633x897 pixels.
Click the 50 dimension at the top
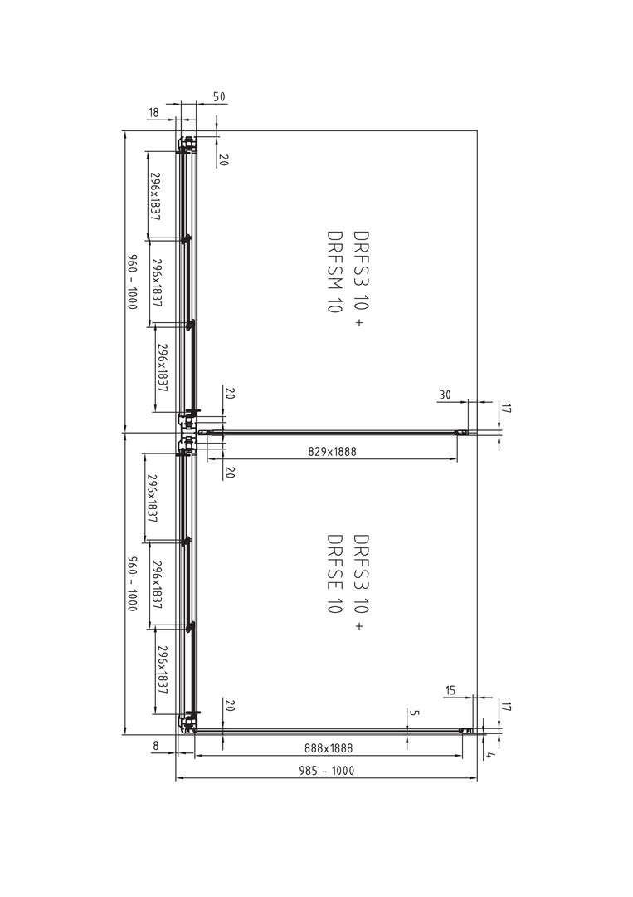click(219, 96)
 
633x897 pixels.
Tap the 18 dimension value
click(153, 113)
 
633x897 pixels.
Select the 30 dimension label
click(445, 395)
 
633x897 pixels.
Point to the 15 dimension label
click(450, 690)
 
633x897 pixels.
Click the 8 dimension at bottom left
click(155, 746)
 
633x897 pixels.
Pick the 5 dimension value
click(415, 713)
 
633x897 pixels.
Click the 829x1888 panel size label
click(332, 451)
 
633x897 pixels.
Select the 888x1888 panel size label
click(329, 747)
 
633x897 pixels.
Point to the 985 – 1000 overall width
click(327, 771)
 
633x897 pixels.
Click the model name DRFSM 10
click(334, 271)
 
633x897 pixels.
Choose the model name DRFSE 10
click(334, 574)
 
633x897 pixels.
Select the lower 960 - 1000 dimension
click(132, 584)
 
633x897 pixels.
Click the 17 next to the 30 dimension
click(505, 408)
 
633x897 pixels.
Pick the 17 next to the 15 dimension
click(505, 706)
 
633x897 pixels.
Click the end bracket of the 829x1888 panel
click(461, 433)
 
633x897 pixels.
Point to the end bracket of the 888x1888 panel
click(467, 731)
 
